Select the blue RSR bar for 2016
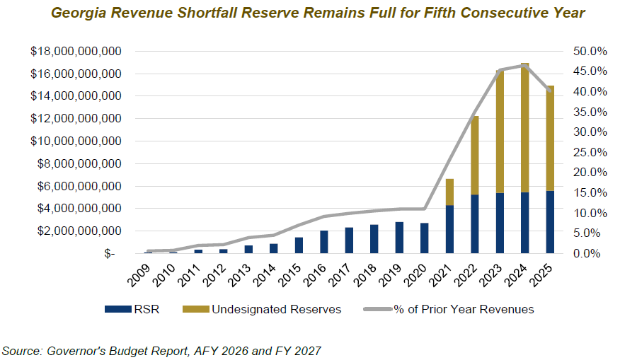tap(324, 242)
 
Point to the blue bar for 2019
tap(400, 238)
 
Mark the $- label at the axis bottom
tap(109, 254)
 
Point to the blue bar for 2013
tap(248, 249)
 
